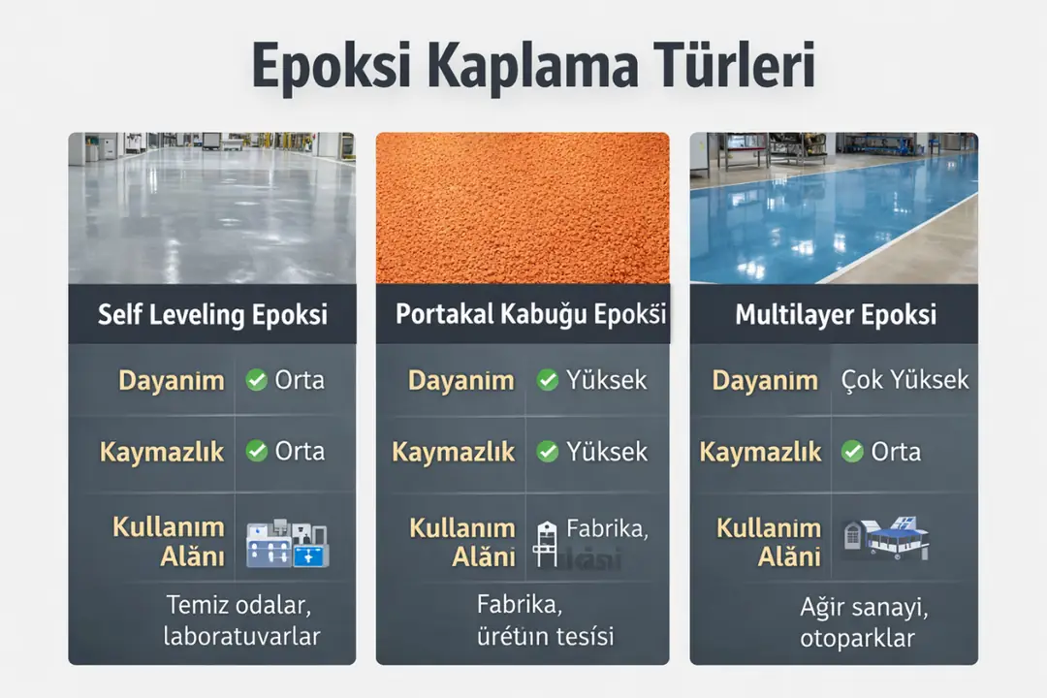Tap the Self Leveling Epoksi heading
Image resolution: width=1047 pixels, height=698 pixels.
[212, 315]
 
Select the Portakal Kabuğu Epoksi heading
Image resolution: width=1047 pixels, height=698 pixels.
[530, 315]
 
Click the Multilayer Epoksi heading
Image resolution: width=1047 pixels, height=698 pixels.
[835, 315]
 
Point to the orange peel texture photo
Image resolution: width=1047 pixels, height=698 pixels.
[523, 207]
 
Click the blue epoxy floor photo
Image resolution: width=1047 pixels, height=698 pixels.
[834, 207]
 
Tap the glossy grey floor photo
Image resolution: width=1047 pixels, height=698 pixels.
[212, 207]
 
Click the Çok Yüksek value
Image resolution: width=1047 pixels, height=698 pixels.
[904, 380]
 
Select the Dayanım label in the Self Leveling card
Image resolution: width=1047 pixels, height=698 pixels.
[172, 381]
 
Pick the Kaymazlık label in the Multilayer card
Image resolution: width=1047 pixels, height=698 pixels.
[760, 452]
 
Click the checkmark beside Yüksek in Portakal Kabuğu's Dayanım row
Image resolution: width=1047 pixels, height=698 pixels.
[548, 380]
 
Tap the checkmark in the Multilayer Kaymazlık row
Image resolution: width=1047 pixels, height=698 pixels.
[852, 452]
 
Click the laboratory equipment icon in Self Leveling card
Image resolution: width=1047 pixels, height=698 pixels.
[287, 543]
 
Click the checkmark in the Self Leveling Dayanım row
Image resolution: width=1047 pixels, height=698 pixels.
[256, 380]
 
